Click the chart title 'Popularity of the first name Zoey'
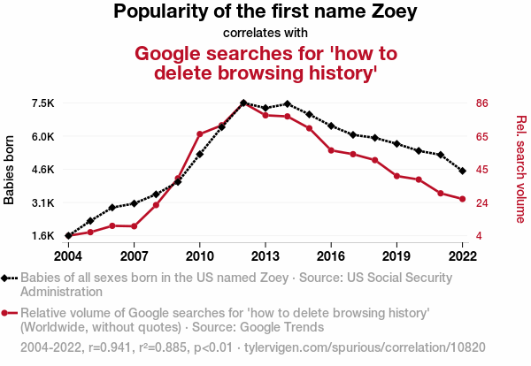(265, 13)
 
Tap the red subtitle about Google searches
(265, 62)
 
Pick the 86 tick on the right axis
(483, 103)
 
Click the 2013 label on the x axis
(265, 256)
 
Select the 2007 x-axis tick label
(134, 256)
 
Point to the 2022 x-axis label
(462, 256)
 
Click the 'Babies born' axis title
(10, 170)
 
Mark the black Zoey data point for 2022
(462, 171)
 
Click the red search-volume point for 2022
(462, 199)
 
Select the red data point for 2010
(200, 134)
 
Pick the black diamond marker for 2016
(331, 126)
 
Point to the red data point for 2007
(134, 226)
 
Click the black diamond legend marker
(6, 278)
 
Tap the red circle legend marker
(6, 312)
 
